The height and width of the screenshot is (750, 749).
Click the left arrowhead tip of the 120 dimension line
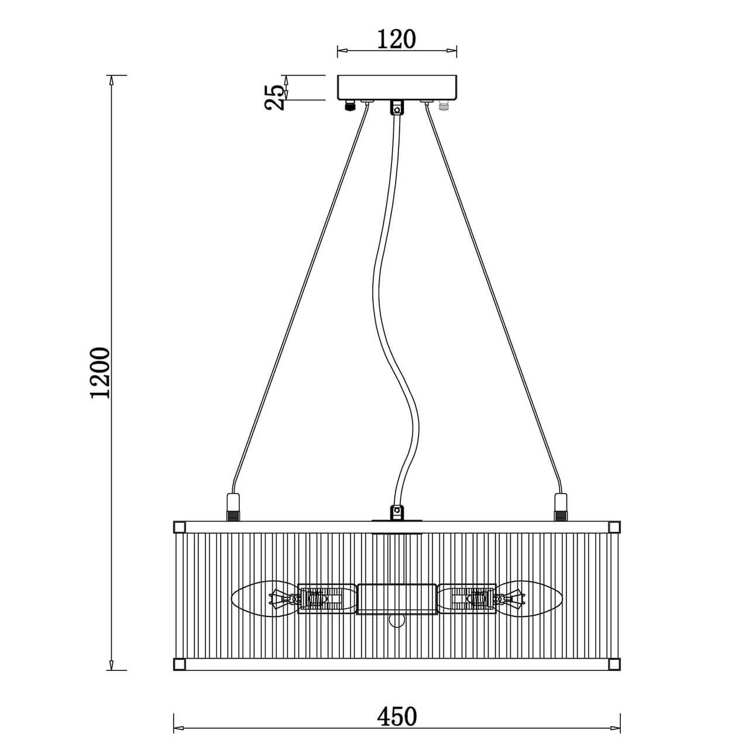[337, 50]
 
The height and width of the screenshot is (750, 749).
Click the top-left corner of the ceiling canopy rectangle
[337, 76]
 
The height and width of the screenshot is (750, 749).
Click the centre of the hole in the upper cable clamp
[397, 110]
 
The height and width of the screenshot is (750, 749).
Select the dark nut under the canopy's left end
[351, 106]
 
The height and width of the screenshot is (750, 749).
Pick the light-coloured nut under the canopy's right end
[444, 106]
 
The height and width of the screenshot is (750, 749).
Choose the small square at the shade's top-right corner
[614, 528]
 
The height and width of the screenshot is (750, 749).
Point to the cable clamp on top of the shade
[397, 512]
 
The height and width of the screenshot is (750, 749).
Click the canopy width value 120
[397, 39]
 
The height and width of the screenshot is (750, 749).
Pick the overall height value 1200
[101, 372]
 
